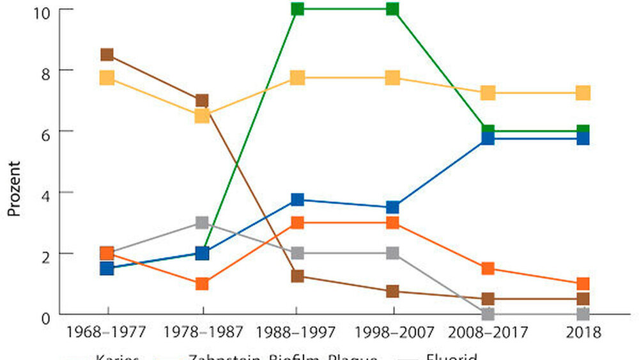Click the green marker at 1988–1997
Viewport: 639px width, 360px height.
pos(297,9)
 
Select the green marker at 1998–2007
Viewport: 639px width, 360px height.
pos(392,9)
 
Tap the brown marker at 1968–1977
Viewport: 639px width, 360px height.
pos(107,54)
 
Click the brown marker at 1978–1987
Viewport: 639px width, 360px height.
pos(202,100)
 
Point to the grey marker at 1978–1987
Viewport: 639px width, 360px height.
pos(202,223)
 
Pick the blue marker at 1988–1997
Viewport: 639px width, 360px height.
pos(297,200)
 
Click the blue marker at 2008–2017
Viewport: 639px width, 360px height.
pos(488,137)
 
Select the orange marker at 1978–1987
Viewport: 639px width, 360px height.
pos(202,283)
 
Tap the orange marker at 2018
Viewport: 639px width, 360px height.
pos(582,283)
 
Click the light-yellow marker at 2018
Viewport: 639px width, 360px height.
pos(582,93)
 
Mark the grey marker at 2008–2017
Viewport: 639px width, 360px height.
pos(488,313)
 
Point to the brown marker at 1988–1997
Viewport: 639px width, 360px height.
pos(297,276)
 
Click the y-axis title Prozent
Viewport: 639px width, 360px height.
pos(15,189)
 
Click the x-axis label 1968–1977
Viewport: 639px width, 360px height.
pos(107,333)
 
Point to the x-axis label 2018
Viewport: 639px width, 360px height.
pos(582,333)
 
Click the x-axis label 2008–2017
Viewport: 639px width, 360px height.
pos(488,333)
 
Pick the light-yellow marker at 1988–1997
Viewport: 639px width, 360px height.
pos(297,77)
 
